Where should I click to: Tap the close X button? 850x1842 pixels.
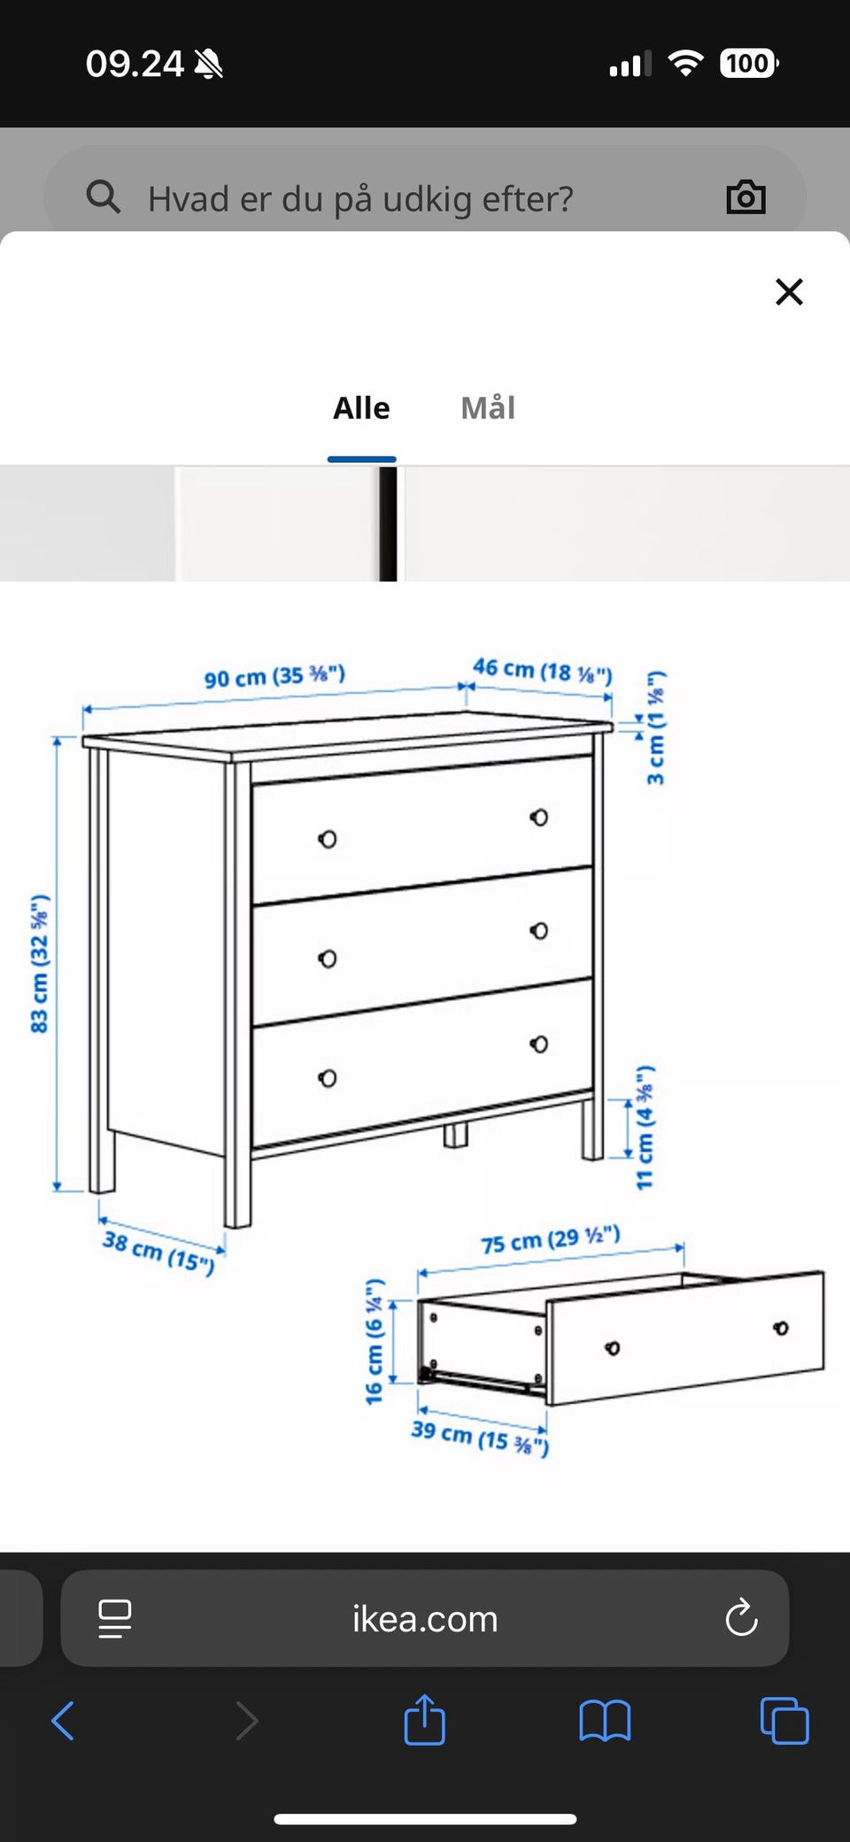point(789,291)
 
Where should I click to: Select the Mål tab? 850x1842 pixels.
point(488,408)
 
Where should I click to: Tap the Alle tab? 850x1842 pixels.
point(361,408)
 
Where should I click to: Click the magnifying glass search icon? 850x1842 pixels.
point(103,197)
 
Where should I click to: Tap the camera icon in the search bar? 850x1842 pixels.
point(746,197)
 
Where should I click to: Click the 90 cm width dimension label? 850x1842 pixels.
point(274,677)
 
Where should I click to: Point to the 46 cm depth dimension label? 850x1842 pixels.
point(542,670)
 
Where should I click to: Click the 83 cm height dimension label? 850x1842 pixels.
point(40,964)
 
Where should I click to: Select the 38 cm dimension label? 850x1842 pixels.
point(158,1252)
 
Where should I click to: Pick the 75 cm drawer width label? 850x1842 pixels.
point(550,1239)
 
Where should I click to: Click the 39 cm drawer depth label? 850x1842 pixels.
point(480,1437)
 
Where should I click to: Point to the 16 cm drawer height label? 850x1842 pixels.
point(375,1341)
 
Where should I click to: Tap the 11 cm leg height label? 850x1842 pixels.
point(645,1127)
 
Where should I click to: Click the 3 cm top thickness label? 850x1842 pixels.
point(655,728)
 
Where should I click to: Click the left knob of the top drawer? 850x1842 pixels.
point(328,839)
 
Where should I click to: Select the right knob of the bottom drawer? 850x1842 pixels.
point(539,1044)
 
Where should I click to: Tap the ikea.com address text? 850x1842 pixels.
point(425,1619)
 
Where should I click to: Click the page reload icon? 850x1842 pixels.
point(741,1618)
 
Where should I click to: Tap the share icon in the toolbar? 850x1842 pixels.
point(424,1719)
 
